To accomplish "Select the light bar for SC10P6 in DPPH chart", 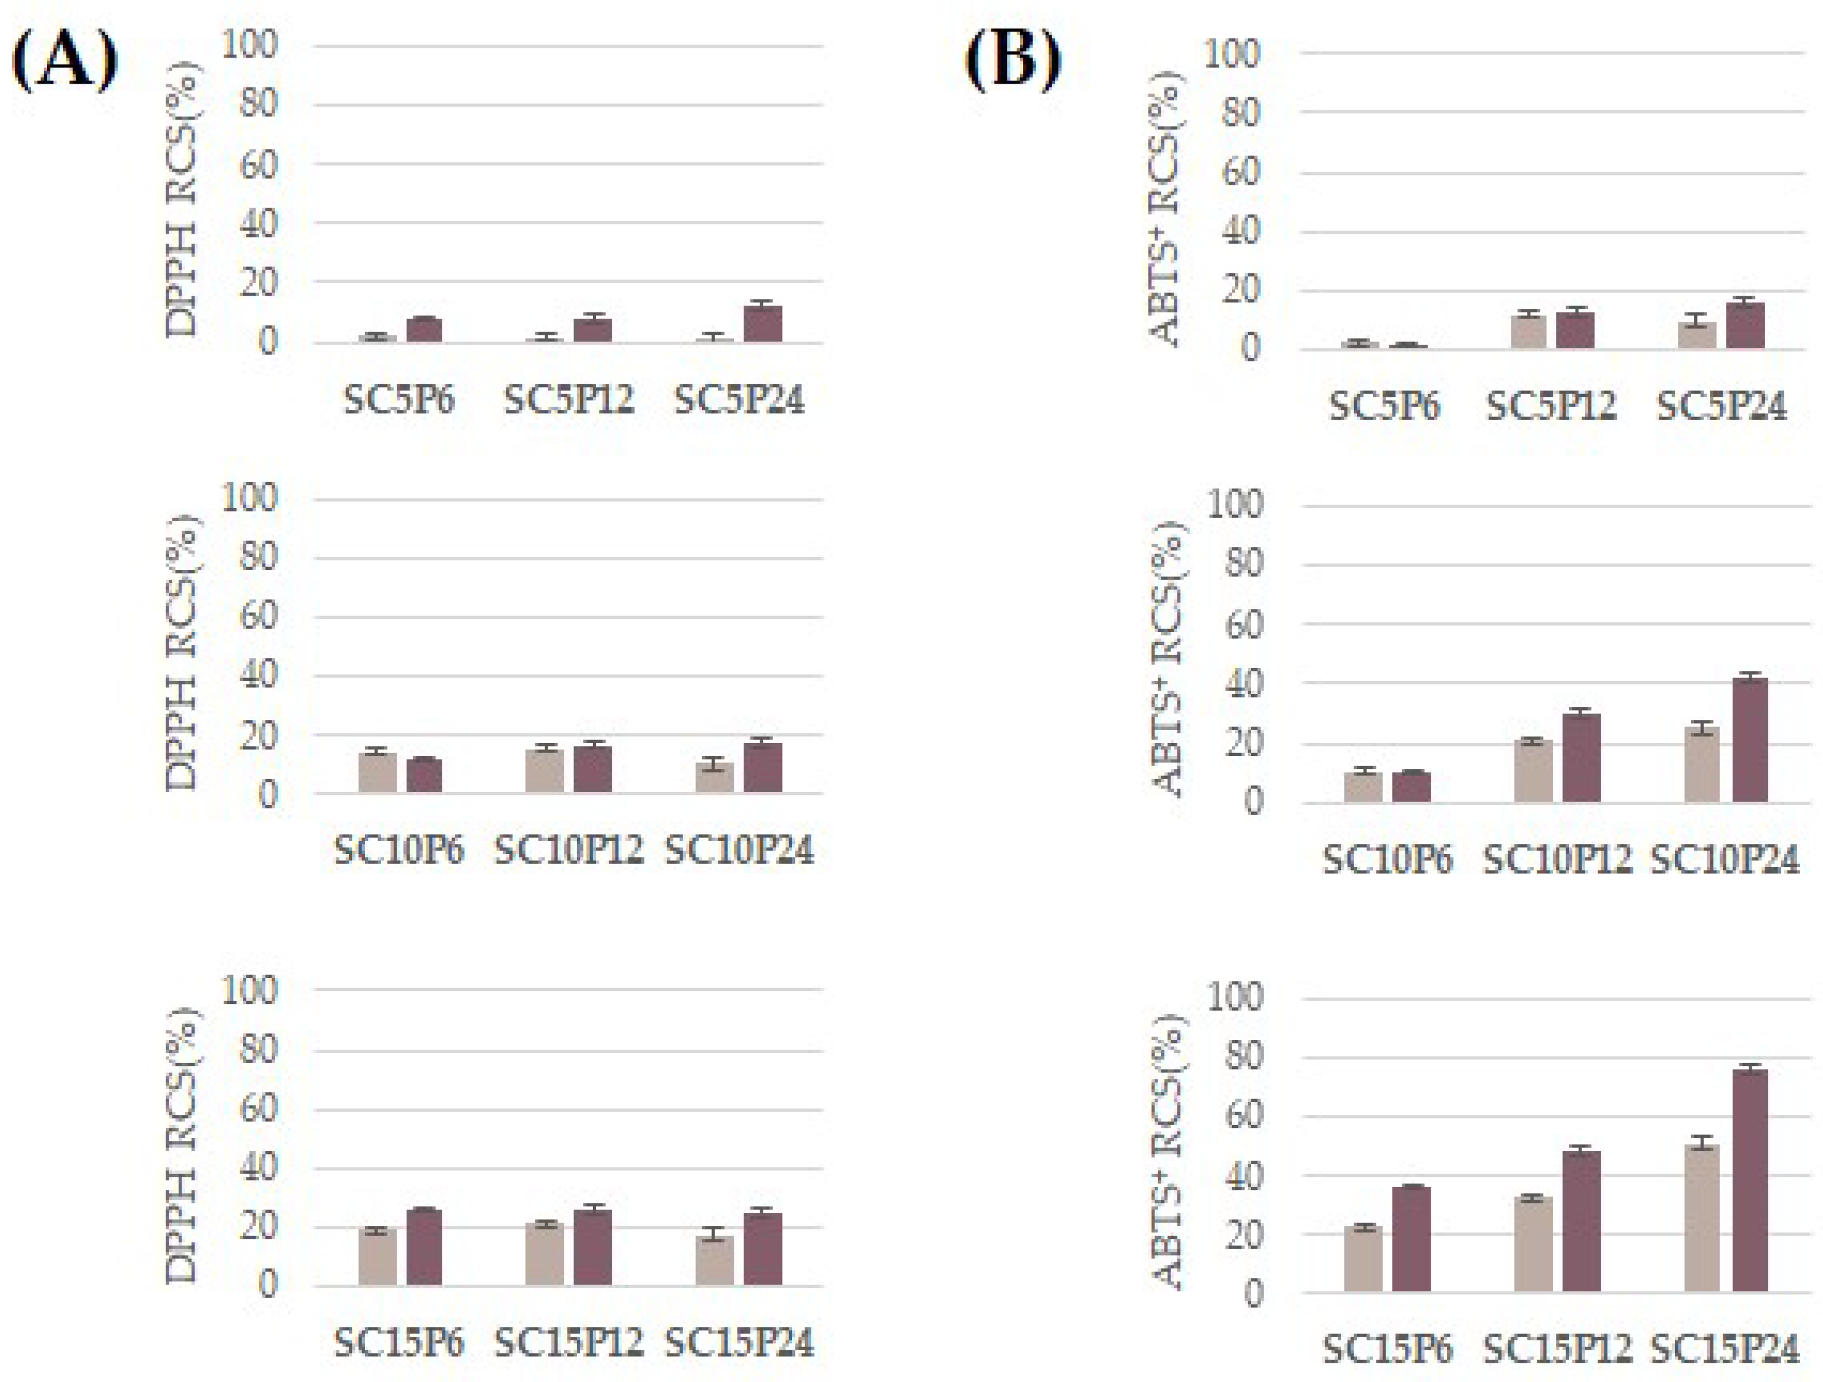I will [377, 772].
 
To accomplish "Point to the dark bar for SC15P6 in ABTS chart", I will [1411, 1238].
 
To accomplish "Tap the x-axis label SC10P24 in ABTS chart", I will [1724, 860].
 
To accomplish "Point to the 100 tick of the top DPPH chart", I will [250, 46].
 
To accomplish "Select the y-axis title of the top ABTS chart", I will [1166, 208].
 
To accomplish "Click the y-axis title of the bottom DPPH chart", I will [183, 1145].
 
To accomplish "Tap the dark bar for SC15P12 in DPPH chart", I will [592, 1247].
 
